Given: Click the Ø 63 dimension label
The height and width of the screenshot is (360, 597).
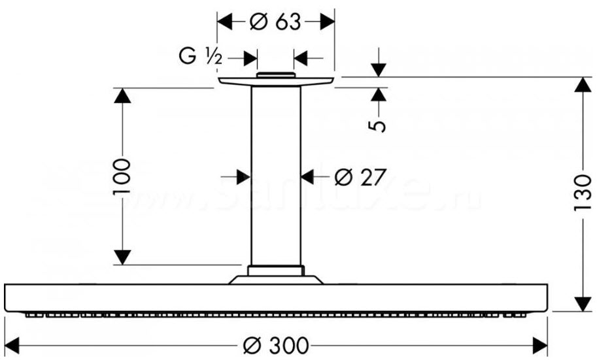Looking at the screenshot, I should pos(275,22).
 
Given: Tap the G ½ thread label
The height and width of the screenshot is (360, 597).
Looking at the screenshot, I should pos(201,58).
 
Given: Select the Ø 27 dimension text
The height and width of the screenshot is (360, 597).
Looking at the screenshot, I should pos(356,176).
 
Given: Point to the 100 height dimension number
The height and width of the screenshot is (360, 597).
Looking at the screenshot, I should pos(122,176).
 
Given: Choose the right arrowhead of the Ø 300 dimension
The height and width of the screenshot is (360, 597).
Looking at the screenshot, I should pos(539,344).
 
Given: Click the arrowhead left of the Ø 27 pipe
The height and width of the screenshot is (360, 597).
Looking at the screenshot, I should pos(243,176).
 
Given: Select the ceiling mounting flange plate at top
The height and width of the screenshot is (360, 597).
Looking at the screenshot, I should pos(275,80).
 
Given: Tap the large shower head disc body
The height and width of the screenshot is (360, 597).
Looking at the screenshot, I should pos(275,298).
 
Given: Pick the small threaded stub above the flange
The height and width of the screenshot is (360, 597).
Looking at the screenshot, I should pos(275,75).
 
